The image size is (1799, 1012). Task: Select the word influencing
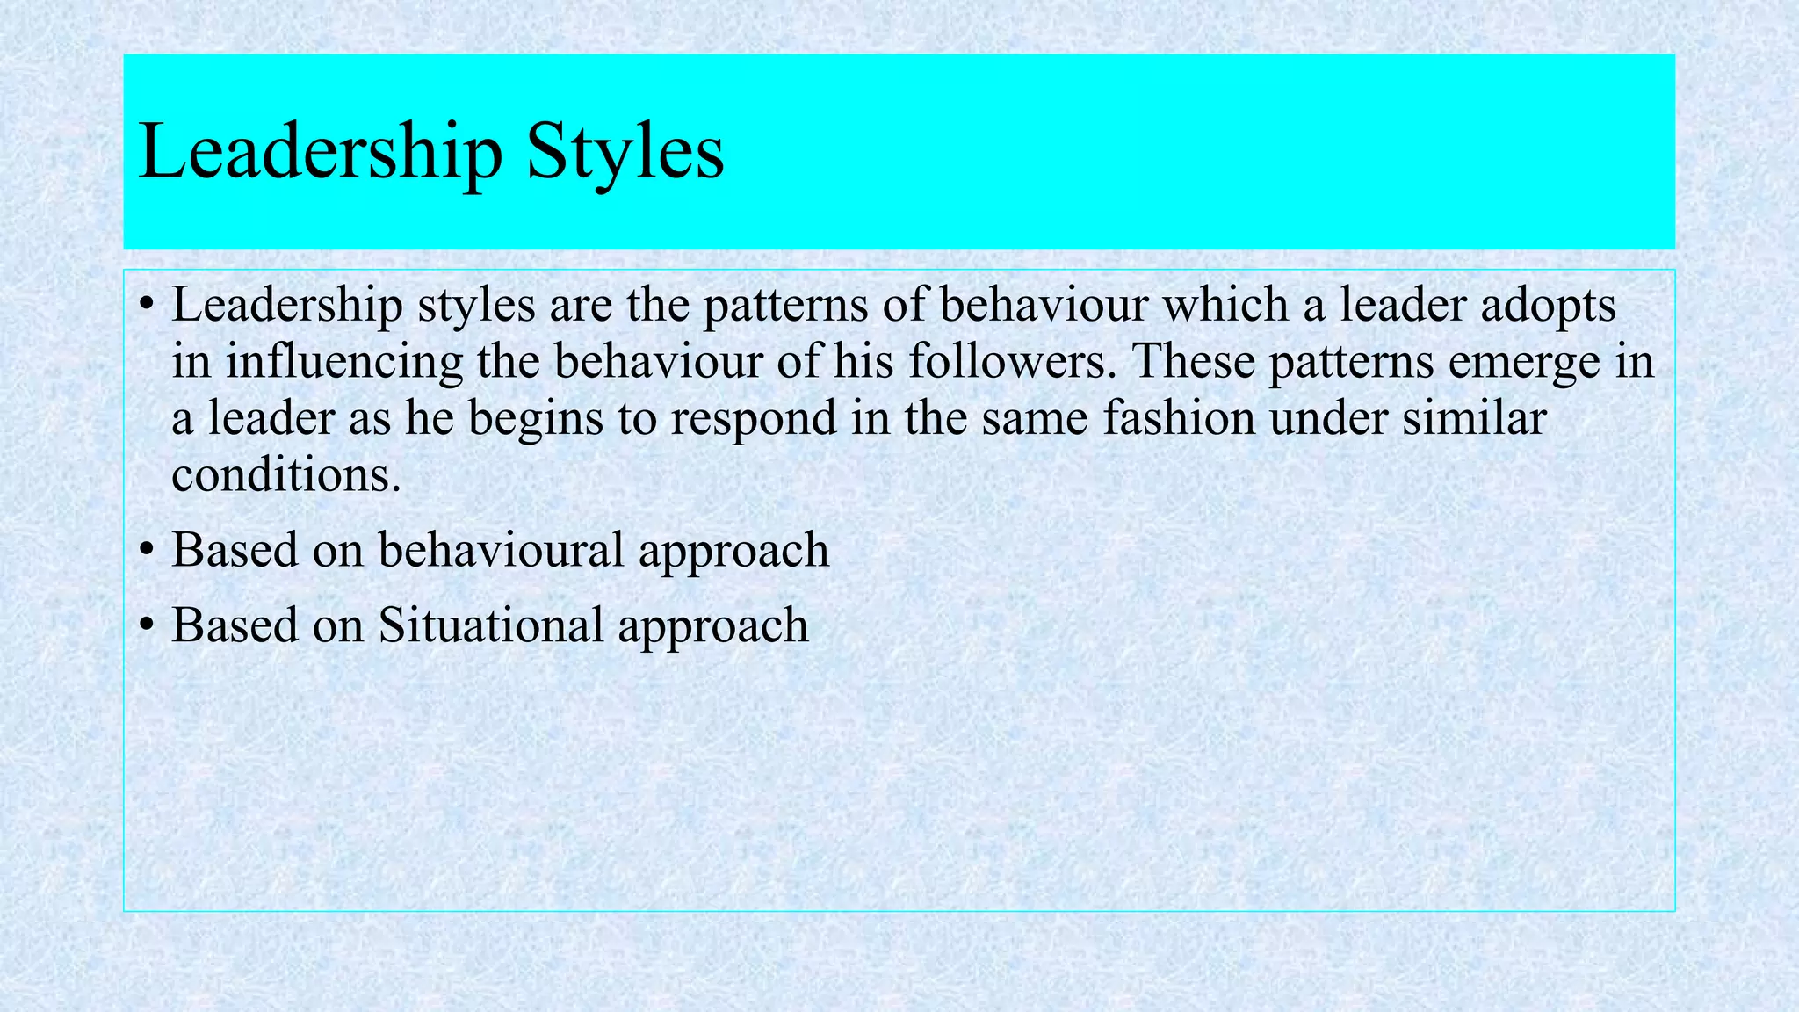pyautogui.click(x=343, y=362)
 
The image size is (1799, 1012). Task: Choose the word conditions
pyautogui.click(x=285, y=474)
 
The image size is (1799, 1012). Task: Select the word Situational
pyautogui.click(x=490, y=625)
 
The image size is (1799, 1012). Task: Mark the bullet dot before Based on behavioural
pyautogui.click(x=147, y=551)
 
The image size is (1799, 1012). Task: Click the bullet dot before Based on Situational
pyautogui.click(x=147, y=625)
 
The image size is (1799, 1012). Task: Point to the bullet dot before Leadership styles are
pyautogui.click(x=147, y=306)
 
